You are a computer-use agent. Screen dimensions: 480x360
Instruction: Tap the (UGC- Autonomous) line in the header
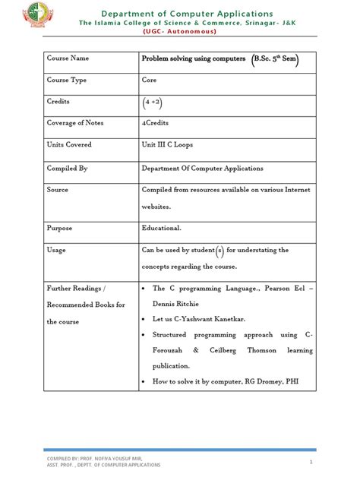click(187, 32)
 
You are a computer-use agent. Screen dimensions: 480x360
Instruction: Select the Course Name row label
click(68, 58)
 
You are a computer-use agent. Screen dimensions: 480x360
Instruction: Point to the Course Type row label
click(67, 79)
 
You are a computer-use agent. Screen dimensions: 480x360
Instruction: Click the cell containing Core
click(150, 79)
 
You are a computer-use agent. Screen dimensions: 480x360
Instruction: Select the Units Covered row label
click(69, 145)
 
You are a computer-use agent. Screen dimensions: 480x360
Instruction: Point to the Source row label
click(58, 190)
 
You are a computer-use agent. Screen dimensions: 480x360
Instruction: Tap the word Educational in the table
click(161, 227)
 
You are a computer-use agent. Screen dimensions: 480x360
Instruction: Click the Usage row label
click(56, 249)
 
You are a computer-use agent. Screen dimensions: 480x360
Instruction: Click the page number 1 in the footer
click(311, 462)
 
